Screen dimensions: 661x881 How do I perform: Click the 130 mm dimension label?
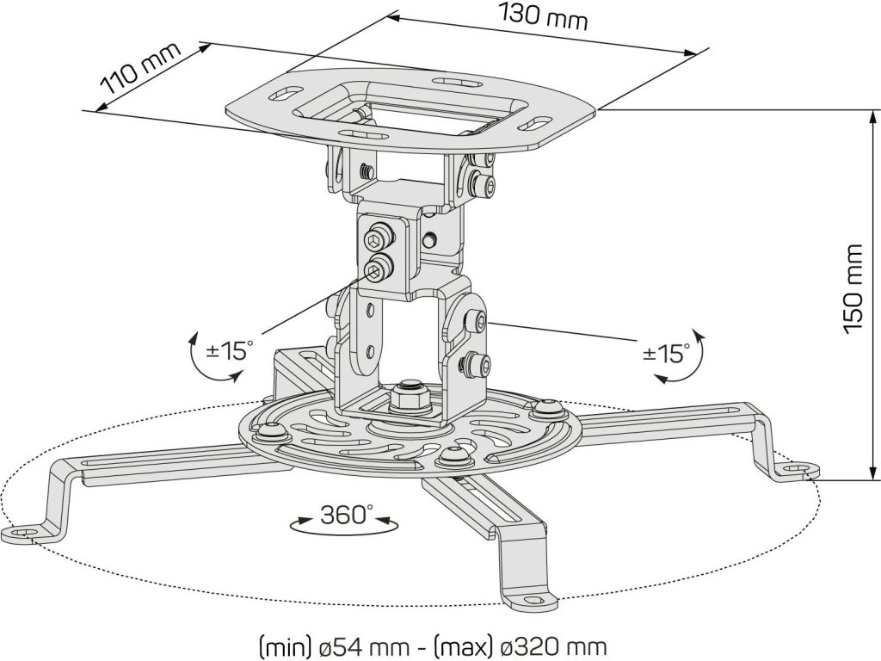543,16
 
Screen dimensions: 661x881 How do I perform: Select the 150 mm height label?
853,288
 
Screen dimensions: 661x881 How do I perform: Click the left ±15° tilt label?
230,350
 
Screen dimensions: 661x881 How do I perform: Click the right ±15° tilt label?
667,352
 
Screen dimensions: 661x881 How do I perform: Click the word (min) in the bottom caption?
283,646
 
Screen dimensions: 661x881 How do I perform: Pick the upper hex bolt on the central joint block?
379,236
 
